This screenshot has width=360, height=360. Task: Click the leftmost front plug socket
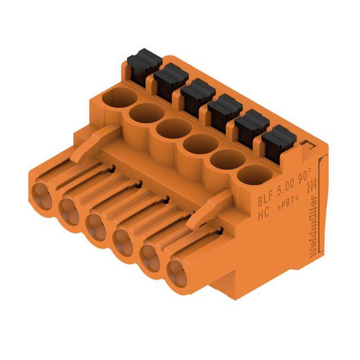tap(41, 195)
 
